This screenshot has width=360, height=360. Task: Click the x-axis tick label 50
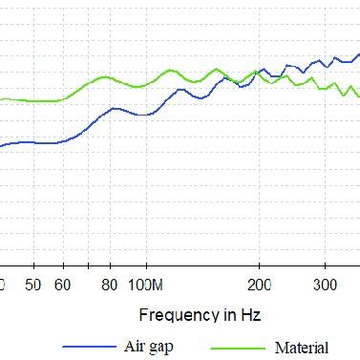(x=33, y=285)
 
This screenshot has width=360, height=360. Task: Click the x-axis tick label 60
(x=63, y=285)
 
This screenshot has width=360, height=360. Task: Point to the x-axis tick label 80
(x=110, y=285)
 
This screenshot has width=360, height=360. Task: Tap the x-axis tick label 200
(x=259, y=285)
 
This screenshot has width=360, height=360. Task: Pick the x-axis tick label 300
(x=326, y=285)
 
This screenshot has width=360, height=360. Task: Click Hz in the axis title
(x=251, y=314)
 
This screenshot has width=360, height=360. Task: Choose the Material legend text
(x=302, y=348)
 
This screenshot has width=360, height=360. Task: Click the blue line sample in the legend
(x=88, y=347)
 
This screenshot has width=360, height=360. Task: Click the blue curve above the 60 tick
(x=63, y=141)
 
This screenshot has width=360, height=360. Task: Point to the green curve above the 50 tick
(x=33, y=100)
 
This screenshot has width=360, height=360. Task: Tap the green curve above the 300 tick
(x=326, y=89)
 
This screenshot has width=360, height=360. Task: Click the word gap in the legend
(x=162, y=347)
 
